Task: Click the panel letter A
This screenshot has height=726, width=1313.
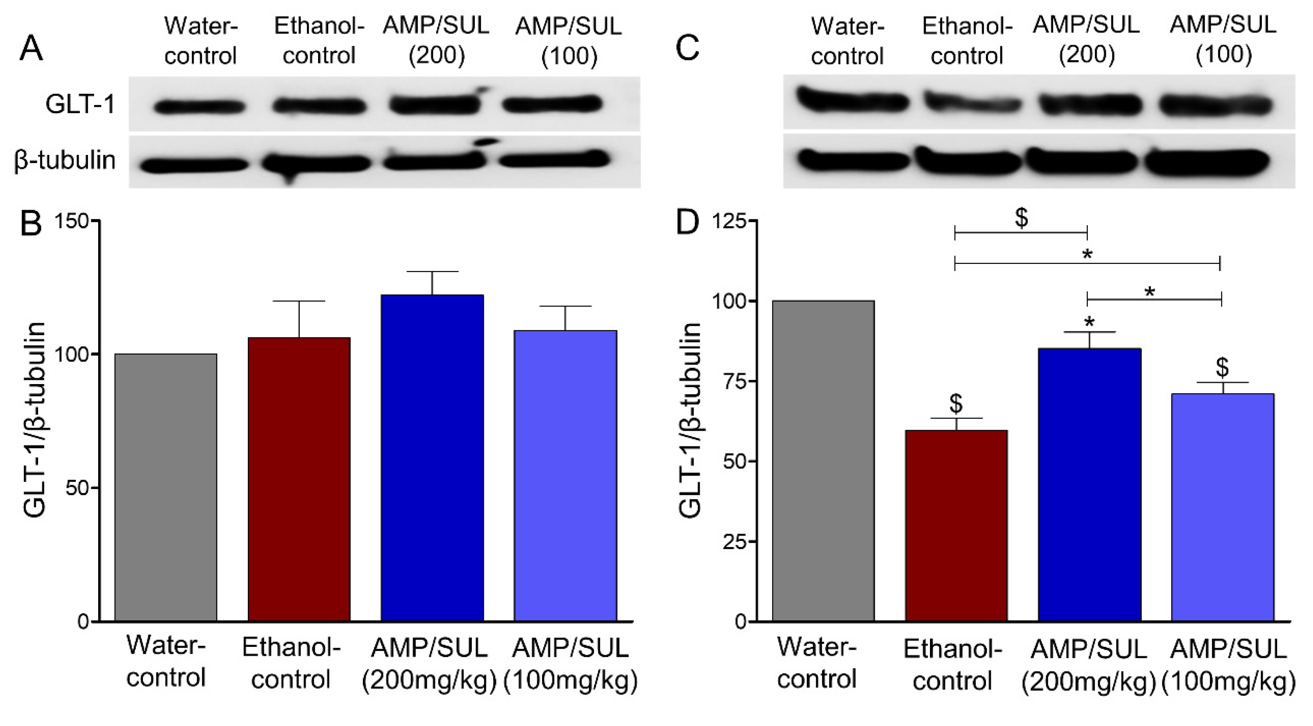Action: pyautogui.click(x=31, y=49)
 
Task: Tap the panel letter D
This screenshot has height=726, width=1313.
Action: pyautogui.click(x=687, y=222)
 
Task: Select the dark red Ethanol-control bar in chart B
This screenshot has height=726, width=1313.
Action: pyautogui.click(x=299, y=479)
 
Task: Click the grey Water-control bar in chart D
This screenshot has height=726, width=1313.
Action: pyautogui.click(x=823, y=461)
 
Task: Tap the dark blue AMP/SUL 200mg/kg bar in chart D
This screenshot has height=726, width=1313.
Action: pyautogui.click(x=1089, y=484)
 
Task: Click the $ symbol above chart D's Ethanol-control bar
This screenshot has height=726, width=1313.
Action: pyautogui.click(x=956, y=403)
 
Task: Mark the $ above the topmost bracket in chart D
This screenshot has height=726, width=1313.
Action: pyautogui.click(x=1021, y=218)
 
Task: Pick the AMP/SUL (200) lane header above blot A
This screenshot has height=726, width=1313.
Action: pyautogui.click(x=436, y=41)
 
